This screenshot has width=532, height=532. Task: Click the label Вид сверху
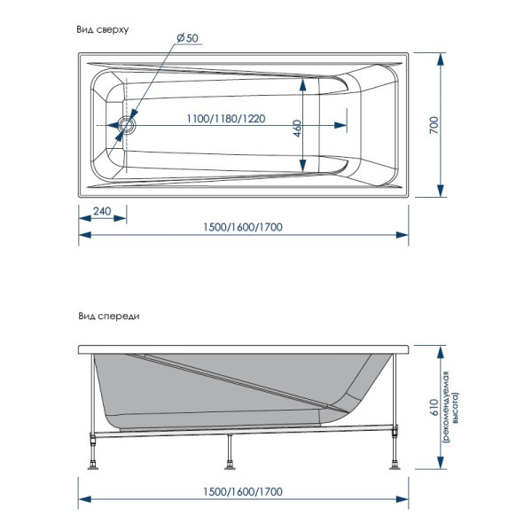coord(103,29)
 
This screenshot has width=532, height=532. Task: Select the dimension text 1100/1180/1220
coord(226,119)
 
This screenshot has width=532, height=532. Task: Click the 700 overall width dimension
coord(434,125)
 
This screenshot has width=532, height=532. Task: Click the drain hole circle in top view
coord(123,125)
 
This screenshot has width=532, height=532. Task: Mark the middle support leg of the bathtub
coord(230,452)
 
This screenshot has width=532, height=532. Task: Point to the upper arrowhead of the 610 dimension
coord(441,348)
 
